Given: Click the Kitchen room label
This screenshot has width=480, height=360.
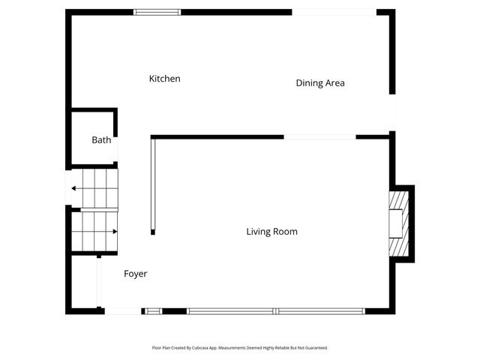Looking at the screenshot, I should [x=164, y=79].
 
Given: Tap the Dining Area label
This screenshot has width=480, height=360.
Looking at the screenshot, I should [x=320, y=83].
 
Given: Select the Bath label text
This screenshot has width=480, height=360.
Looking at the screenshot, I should [x=101, y=140].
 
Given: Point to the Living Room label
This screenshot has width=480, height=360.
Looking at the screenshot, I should [x=271, y=232].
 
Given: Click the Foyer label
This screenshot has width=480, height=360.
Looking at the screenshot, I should [x=135, y=274].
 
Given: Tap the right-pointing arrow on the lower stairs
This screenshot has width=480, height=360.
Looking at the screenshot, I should [x=114, y=232].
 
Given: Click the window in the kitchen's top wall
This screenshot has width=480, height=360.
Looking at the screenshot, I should [x=157, y=12].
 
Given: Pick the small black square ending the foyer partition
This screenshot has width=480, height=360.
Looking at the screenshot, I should [x=152, y=232].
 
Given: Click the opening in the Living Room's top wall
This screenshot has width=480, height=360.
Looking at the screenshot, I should [x=319, y=136].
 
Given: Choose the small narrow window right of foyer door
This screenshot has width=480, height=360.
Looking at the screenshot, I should [x=153, y=310].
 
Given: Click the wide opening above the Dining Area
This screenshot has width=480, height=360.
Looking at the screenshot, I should [x=333, y=12].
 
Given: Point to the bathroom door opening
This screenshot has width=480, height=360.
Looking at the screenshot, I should [x=117, y=150].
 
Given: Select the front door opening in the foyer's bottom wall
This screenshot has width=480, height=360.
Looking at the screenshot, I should [x=121, y=310].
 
